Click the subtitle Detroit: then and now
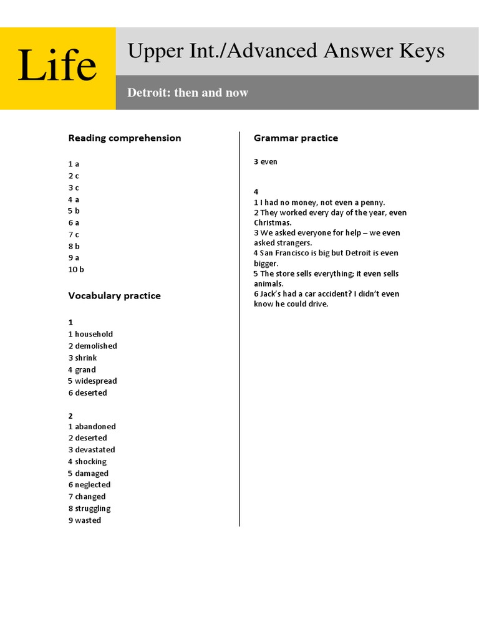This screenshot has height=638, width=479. pos(188,93)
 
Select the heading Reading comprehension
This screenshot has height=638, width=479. pos(125,138)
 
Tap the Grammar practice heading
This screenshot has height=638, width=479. pos(296,138)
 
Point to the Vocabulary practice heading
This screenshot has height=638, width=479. pos(114,296)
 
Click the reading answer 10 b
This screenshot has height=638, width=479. pos(76,270)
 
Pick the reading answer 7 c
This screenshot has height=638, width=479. pos(74,234)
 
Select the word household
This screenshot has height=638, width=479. pos(94,335)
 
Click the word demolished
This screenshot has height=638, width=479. pos(96,346)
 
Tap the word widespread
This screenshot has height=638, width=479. pos(96,381)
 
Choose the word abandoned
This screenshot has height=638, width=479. pos(95,427)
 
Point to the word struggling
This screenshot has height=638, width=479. pos(93,509)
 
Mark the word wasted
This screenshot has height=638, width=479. pos(88,521)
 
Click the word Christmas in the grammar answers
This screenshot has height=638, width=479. pos(273,223)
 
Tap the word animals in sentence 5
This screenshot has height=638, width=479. pos(269,284)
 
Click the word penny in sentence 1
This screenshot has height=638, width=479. pos(372,202)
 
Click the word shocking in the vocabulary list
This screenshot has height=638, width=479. pos(91,462)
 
